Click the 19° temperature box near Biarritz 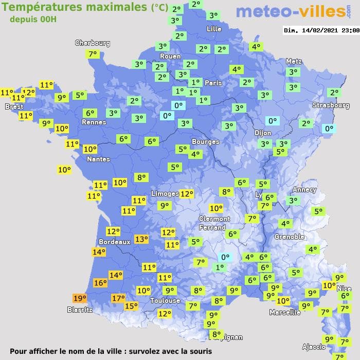[x=80, y=298]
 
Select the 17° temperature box [x=119, y=298]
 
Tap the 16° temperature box [x=100, y=282]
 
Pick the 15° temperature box [x=131, y=306]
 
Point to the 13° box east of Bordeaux [x=141, y=239]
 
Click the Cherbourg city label [x=93, y=43]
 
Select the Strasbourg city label [x=331, y=105]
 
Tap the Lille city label [x=213, y=29]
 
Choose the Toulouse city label [x=165, y=300]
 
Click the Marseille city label [x=285, y=312]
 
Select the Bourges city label [x=205, y=141]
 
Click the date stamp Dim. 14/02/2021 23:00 [x=321, y=30]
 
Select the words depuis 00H [x=33, y=19]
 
